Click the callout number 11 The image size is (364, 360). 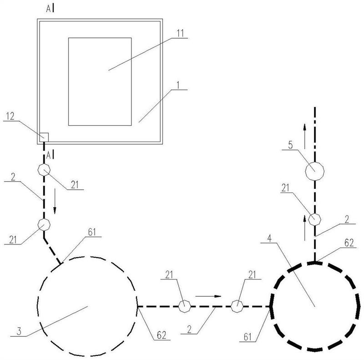[180, 33]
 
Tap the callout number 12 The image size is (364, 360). [10, 116]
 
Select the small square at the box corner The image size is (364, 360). [44, 137]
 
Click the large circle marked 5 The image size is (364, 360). [314, 171]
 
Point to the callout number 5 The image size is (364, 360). [290, 145]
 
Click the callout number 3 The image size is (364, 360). [19, 331]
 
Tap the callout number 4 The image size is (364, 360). [269, 238]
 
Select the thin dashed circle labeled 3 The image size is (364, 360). [37, 307]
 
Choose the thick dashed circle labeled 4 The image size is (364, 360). [271, 307]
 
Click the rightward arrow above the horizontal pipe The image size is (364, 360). [208, 296]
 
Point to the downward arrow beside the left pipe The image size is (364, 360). [55, 201]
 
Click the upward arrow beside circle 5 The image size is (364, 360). [305, 137]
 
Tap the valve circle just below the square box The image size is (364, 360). [44, 170]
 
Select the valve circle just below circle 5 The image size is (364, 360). [314, 219]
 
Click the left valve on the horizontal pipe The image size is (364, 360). [185, 307]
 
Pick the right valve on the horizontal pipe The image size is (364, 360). [237, 307]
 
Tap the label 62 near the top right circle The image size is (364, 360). [349, 243]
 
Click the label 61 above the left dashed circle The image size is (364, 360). [92, 232]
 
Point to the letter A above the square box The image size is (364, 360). [48, 9]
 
